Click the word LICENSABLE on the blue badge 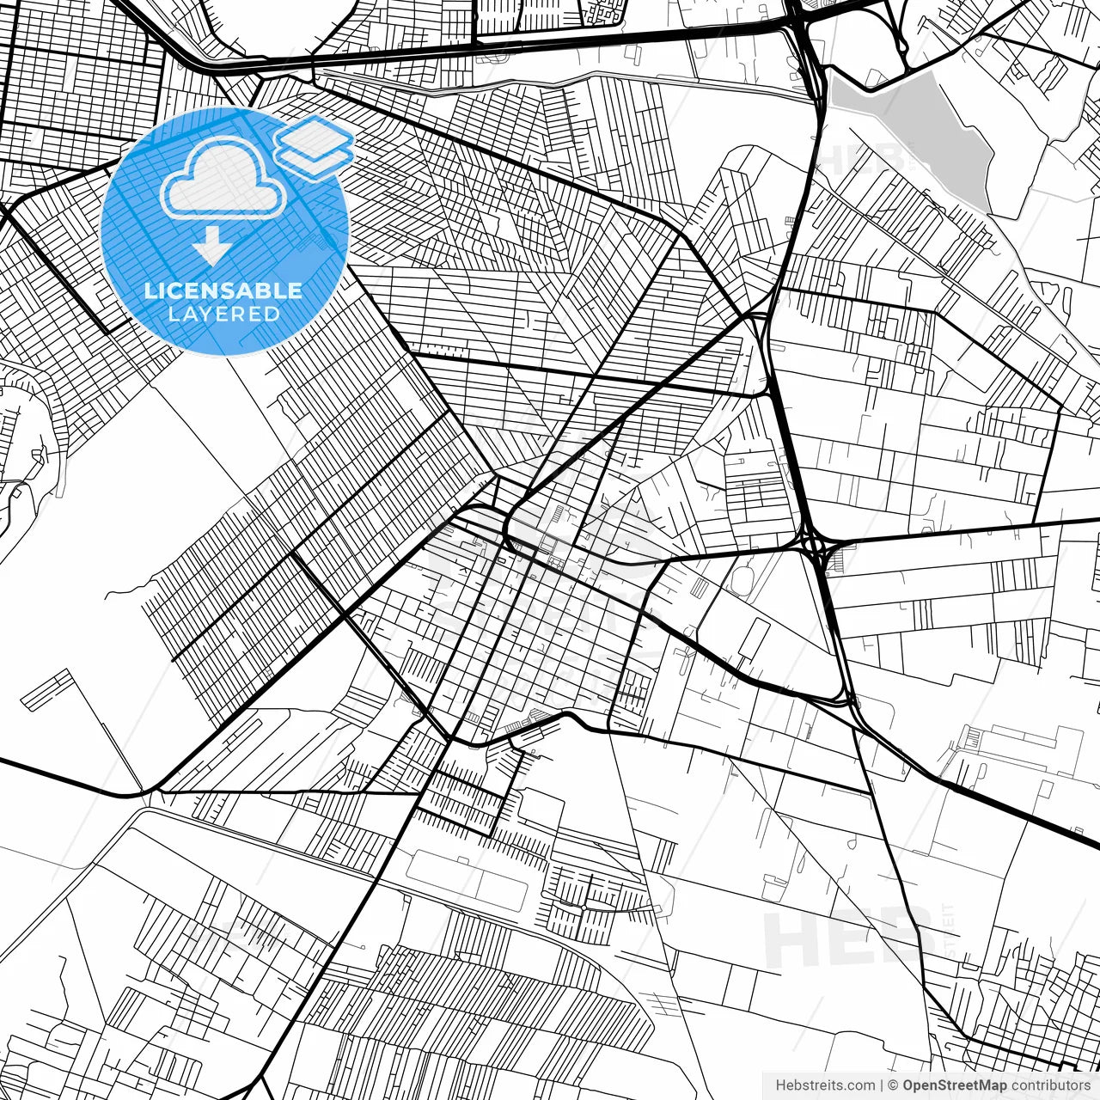tap(223, 290)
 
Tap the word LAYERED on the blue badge tap(223, 315)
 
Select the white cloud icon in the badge tap(223, 178)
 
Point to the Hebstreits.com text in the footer tap(825, 1085)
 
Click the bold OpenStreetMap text tap(954, 1085)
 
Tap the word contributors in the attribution tap(1050, 1085)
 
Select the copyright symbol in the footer tap(893, 1085)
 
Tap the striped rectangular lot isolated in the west tap(48, 690)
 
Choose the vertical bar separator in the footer tap(882, 1085)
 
